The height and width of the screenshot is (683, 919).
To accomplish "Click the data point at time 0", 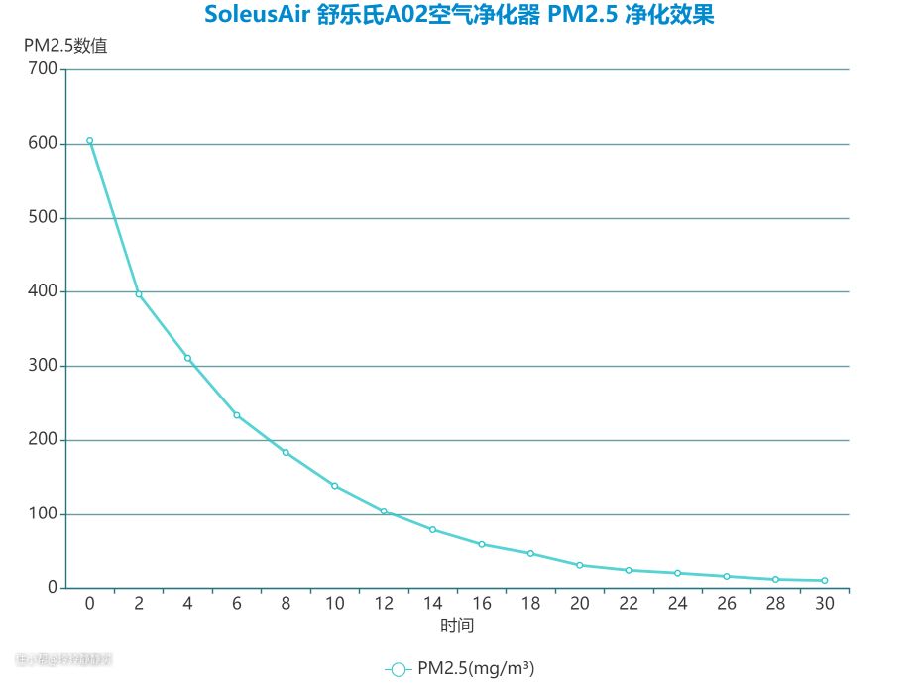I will coord(89,141).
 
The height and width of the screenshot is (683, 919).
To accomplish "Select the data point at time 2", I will coord(139,294).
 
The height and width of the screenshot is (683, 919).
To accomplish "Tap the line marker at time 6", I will coord(237,415).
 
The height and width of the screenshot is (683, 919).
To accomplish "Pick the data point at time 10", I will coord(334,486).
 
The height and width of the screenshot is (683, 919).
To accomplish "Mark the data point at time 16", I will coord(482,544).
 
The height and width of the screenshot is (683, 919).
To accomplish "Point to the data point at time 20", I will coord(580,565).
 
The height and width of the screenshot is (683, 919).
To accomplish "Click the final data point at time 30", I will coord(824,581).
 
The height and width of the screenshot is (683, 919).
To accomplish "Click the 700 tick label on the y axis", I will coord(43,69).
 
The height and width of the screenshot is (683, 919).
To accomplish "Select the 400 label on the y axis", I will coord(43,292).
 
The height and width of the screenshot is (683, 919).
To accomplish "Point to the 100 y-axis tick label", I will coord(43,514).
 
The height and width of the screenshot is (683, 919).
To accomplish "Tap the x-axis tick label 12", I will coord(384,603).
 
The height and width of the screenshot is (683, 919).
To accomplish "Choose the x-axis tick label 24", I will coord(677,603).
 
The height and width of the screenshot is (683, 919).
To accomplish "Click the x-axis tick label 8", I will coord(286,603).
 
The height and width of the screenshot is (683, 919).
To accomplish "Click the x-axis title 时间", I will coord(457,626).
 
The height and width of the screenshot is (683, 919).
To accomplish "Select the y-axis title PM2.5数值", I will coord(65,46).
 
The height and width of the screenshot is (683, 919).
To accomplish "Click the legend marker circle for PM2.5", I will coord(398,670).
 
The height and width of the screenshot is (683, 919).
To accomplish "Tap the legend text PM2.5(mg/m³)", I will coord(476,669).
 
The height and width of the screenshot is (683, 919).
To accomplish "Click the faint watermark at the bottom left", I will coord(64,658).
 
